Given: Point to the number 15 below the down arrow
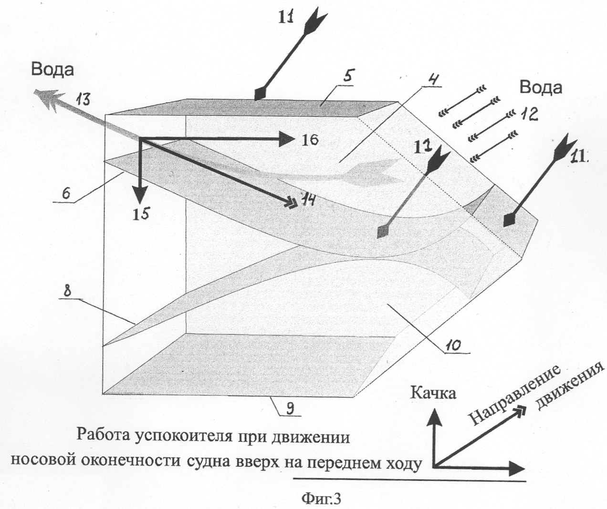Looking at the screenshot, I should (141, 213).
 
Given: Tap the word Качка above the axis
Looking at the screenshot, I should (433, 393).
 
